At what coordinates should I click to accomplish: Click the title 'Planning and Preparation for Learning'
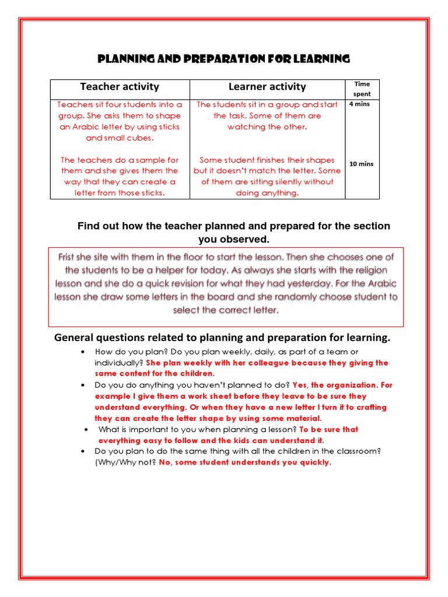point(224,59)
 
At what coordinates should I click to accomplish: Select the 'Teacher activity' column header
point(120,87)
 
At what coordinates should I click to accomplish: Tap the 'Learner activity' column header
point(267,87)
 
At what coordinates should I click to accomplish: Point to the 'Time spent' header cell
point(362,89)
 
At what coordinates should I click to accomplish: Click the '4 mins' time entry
point(359,104)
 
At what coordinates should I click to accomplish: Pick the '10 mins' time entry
point(361,164)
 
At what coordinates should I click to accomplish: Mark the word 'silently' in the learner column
point(283,182)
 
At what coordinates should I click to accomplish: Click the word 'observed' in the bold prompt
point(248,239)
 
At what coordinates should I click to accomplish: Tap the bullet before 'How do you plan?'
point(84,352)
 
